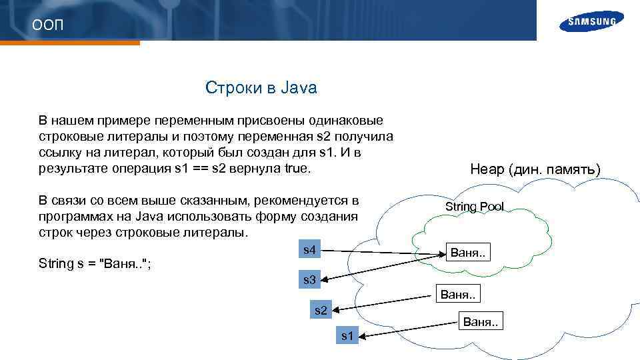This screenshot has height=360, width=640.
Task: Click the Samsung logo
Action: pos(591,21)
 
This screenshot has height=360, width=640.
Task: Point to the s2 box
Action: pos(321,310)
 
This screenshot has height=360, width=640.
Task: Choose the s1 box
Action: pos(347,335)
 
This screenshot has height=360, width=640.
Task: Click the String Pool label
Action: pos(475,207)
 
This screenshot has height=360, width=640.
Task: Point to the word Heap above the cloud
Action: pos(487,170)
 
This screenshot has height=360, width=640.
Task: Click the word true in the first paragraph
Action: pos(297,168)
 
